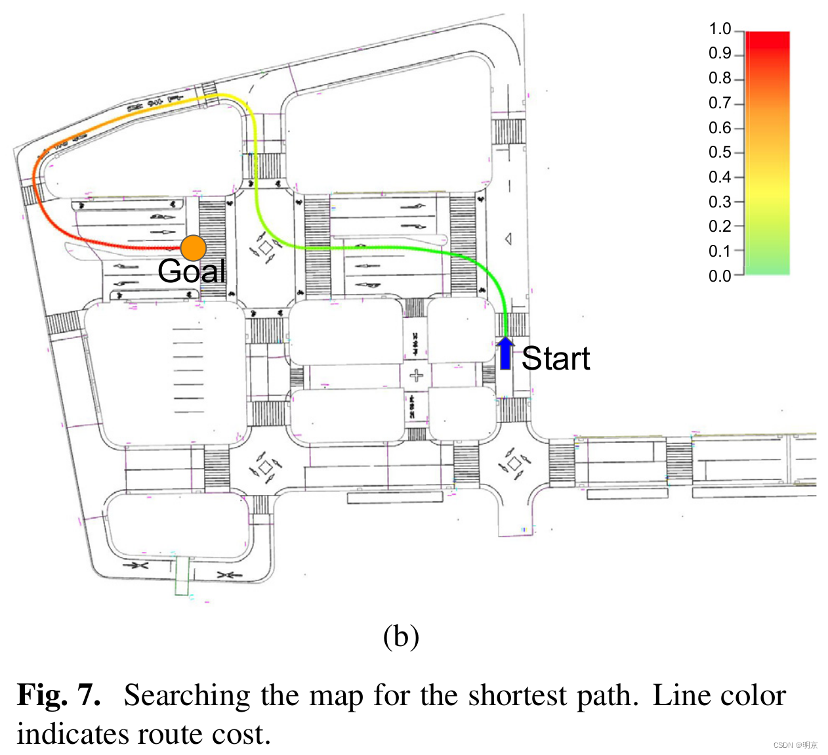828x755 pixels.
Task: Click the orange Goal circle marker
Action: (x=194, y=248)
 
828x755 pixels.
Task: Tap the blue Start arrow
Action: (x=505, y=353)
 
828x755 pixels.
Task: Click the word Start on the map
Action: (x=556, y=358)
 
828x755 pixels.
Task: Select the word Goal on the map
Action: (x=192, y=270)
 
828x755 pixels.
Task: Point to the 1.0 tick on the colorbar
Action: (x=720, y=30)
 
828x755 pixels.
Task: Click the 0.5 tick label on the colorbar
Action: (x=720, y=152)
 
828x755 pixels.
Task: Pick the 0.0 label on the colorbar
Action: (x=720, y=276)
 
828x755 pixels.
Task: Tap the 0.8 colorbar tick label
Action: (x=720, y=79)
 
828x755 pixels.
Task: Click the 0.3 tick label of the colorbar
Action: (x=720, y=202)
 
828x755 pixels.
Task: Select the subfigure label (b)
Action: (x=401, y=636)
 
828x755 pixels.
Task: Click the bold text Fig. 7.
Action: (x=59, y=695)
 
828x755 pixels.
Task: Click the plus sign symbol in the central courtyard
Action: (x=416, y=376)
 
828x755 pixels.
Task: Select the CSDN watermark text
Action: (x=795, y=745)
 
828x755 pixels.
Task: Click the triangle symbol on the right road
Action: (x=508, y=239)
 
